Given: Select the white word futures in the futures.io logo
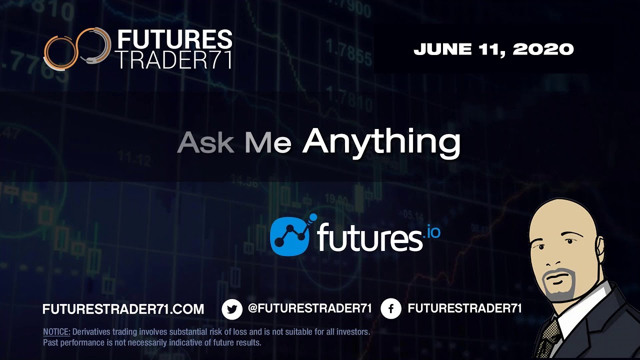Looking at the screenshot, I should pos(369,238).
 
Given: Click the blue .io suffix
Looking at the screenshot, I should pos(433,232).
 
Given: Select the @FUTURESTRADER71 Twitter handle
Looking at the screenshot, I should pos(309,308).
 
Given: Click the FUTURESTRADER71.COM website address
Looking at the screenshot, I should pos(123,309).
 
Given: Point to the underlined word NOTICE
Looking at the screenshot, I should pos(56,331).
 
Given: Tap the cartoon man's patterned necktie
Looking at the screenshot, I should pos(550,335).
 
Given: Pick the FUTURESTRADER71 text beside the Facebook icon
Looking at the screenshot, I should pos(464,308).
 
